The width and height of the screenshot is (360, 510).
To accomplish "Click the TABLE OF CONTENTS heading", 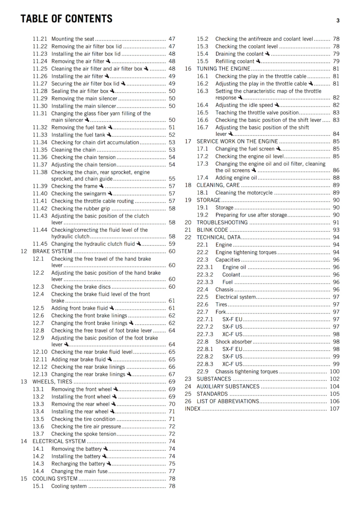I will [x=66, y=19].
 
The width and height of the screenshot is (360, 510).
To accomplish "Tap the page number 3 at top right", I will [x=338, y=20].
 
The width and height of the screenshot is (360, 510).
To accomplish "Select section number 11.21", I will [x=40, y=39].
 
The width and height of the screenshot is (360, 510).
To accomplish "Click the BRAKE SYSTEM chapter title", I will [x=52, y=251].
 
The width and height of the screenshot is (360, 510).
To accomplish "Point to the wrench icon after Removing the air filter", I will [x=108, y=61].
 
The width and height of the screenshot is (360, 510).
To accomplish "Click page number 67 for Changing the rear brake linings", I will [x=172, y=374].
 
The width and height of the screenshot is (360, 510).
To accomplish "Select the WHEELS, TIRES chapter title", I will [x=52, y=382].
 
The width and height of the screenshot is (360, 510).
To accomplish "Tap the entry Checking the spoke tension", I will [x=83, y=434].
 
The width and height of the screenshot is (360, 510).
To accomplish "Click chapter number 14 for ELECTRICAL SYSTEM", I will [x=24, y=441].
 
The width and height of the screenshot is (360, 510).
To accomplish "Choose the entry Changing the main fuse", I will [x=79, y=471].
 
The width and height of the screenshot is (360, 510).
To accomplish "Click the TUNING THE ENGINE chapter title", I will [x=223, y=69].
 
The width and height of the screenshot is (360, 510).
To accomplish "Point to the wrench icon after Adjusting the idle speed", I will [x=277, y=105].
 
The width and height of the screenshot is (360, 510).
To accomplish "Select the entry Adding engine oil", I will [x=236, y=178].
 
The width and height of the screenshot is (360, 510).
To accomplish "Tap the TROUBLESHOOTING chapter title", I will [x=222, y=222].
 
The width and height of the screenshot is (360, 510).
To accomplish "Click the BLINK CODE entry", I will [x=212, y=230].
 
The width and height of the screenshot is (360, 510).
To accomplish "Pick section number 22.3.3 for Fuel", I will [x=205, y=282].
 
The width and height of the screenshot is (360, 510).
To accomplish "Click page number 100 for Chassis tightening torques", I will [x=335, y=371].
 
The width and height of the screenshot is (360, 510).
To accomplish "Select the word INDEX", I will [x=192, y=409].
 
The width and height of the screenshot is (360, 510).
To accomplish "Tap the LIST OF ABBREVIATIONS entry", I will [x=228, y=401].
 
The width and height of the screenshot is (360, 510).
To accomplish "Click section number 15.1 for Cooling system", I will [x=38, y=486].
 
